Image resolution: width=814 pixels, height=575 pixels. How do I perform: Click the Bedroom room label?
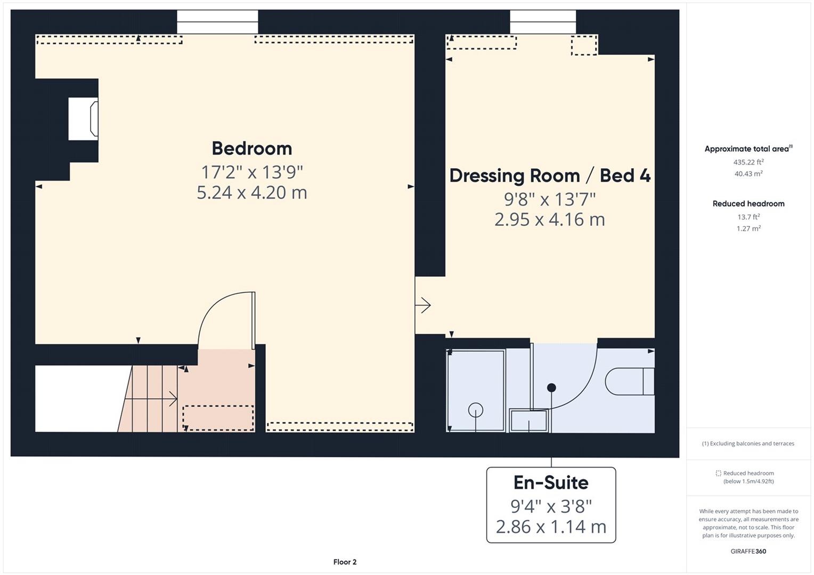click(251, 148)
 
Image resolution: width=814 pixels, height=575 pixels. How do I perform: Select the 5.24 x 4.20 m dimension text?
click(251, 192)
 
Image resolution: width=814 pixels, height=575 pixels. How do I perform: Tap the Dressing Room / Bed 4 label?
click(550, 175)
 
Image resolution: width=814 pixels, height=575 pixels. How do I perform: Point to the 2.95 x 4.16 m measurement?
click(550, 219)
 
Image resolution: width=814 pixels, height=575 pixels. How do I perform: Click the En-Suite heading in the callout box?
click(551, 482)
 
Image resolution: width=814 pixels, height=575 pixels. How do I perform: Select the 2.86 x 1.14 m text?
click(551, 527)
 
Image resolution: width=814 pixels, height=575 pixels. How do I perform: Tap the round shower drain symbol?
click(475, 410)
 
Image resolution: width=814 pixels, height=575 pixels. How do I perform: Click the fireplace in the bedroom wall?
click(84, 119)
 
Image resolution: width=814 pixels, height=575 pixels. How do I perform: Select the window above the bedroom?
click(217, 22)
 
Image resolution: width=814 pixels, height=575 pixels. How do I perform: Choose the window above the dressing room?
click(542, 22)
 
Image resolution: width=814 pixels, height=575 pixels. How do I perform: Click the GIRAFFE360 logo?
click(748, 551)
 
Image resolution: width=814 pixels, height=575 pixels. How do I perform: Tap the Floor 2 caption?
click(345, 562)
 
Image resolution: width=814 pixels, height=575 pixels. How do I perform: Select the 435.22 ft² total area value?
click(748, 162)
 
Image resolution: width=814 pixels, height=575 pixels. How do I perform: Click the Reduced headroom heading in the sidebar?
click(748, 203)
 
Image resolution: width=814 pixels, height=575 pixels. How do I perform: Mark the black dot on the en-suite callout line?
click(551, 388)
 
